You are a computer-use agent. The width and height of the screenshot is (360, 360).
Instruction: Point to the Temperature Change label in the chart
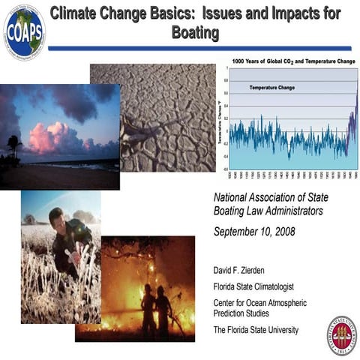click(273, 88)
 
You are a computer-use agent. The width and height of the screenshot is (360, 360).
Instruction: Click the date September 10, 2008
click(254, 231)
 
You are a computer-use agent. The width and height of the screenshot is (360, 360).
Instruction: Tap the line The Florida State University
click(256, 330)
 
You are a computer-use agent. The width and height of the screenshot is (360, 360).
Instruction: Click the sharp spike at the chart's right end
click(355, 97)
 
